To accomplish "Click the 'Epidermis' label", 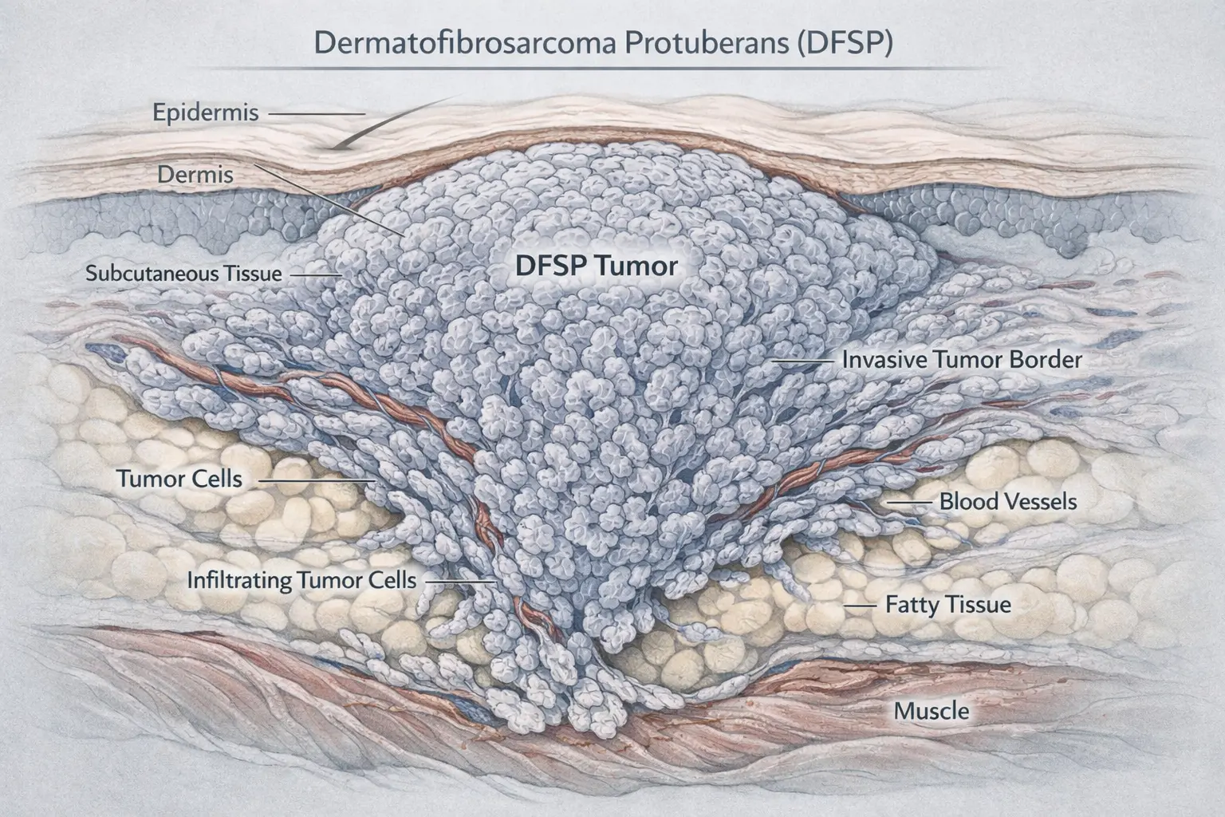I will coord(206,112).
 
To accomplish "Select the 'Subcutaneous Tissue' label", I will coord(183,274).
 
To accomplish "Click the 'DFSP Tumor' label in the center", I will coord(596,265).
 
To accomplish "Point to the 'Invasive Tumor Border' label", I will coord(962,360).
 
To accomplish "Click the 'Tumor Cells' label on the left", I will coord(179,480).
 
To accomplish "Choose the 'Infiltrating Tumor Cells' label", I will coord(301,580).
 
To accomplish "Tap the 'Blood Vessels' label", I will coord(1008,502).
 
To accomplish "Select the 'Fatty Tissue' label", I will coord(948,605).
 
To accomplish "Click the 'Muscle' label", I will coord(931,711).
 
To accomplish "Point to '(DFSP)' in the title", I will coord(845,42).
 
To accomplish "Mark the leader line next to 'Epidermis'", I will coord(316,114).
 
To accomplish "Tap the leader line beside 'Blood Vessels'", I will coord(912,503).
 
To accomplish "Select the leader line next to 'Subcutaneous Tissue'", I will coord(316,274).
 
